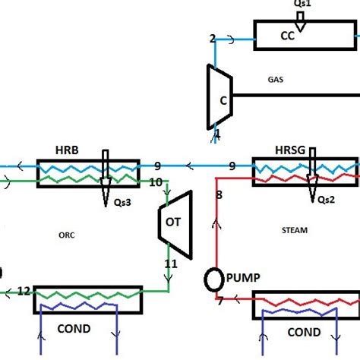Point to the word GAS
[276, 78]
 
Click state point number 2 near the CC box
[213, 39]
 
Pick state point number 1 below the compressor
[218, 134]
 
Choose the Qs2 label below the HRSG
[326, 200]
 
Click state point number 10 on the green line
[155, 182]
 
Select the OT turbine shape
[174, 219]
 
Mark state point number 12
[24, 291]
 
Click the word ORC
[66, 235]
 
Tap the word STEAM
[294, 230]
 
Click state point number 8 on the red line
[219, 196]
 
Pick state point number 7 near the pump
[220, 302]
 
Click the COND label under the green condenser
[73, 329]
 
